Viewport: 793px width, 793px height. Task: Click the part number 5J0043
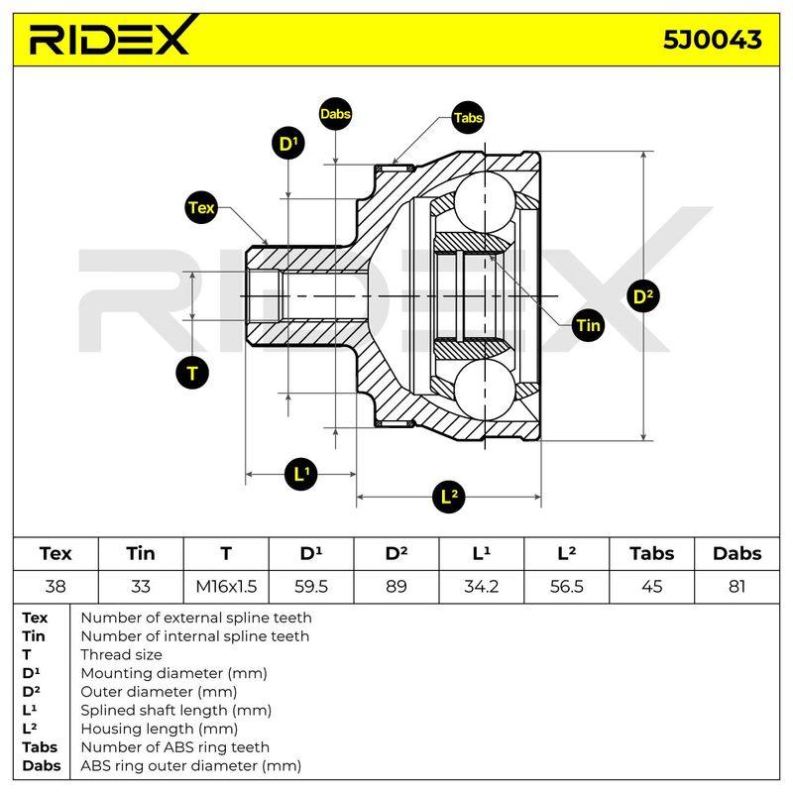coord(712,40)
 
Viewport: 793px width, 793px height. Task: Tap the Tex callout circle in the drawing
coord(201,207)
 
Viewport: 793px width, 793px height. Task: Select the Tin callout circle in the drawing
coord(588,325)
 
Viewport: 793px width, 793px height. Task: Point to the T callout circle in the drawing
coord(192,374)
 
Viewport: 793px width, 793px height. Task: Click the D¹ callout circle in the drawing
coord(288,144)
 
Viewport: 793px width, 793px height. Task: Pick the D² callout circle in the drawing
coord(643,296)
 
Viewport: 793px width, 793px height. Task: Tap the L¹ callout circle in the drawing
coord(301,474)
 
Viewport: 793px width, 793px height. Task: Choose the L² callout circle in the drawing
coord(449,497)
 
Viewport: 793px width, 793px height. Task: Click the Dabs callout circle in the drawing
coord(335,114)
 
